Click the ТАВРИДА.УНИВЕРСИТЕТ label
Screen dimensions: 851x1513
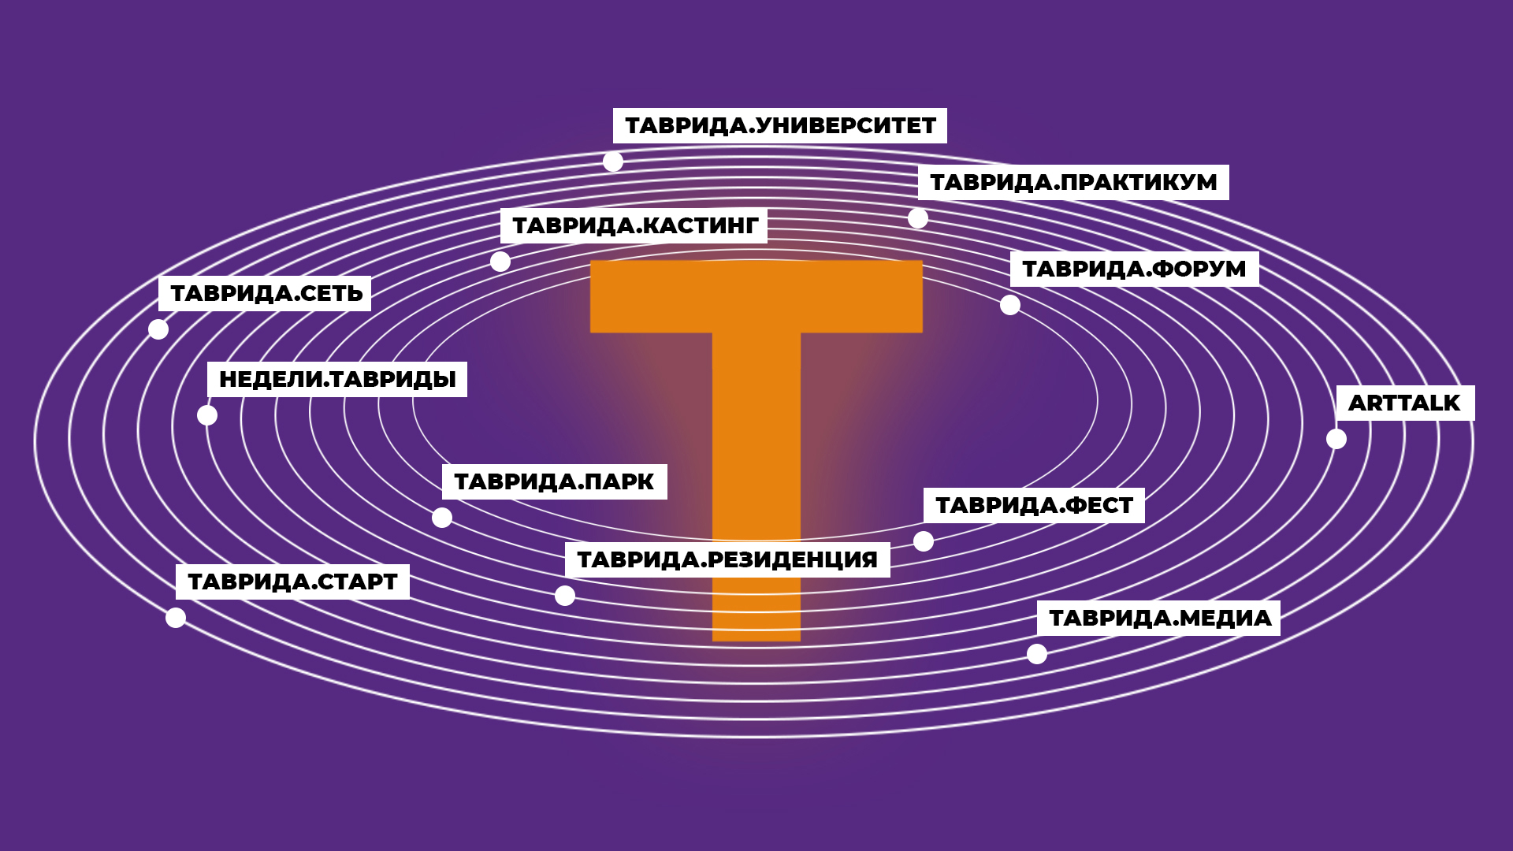(780, 126)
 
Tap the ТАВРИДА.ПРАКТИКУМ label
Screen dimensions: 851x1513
(1073, 182)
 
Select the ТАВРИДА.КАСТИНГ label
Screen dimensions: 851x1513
(634, 226)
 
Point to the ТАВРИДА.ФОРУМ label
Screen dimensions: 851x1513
(1134, 269)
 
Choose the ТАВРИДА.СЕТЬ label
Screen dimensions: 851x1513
(266, 294)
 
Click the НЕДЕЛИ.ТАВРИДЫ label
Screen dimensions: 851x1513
(337, 380)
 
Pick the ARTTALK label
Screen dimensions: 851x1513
(1404, 403)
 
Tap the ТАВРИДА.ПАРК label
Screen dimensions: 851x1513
(554, 482)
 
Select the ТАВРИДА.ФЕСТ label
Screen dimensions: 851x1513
(1034, 506)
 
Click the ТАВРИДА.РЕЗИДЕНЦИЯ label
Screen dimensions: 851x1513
(727, 560)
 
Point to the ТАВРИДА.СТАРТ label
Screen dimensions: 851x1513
(292, 582)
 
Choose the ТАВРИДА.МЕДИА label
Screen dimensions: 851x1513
(1159, 619)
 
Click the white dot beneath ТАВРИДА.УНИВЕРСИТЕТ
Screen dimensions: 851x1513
(613, 162)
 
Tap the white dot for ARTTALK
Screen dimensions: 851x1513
(1336, 439)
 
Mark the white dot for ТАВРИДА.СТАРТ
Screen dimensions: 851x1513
(176, 618)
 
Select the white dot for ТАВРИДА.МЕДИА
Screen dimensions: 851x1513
(1037, 654)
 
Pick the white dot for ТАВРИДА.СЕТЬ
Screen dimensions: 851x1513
(158, 329)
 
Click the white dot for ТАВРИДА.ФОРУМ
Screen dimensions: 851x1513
(1010, 305)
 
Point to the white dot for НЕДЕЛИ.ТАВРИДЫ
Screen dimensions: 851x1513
(207, 415)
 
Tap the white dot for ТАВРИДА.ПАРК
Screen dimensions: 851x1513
(442, 518)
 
